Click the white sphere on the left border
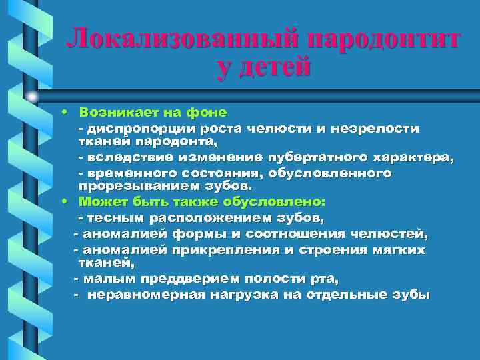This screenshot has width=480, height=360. click(x=32, y=97)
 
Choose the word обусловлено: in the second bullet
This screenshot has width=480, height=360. click(x=284, y=200)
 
